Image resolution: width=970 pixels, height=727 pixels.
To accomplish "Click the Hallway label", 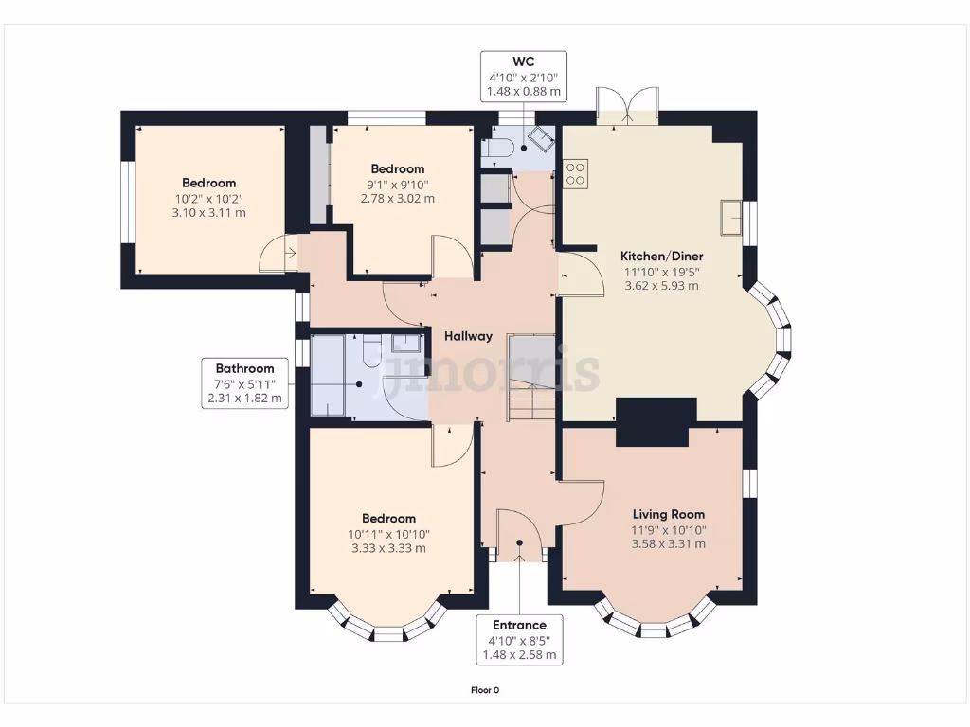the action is click(468, 336).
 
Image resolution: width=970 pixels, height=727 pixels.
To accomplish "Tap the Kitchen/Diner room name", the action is click(661, 256).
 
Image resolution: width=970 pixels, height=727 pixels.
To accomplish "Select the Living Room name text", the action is click(668, 514).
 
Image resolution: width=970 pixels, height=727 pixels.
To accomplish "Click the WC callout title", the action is click(523, 62).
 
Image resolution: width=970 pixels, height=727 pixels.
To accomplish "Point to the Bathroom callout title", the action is click(244, 368).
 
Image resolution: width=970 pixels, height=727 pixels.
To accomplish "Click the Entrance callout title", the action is click(519, 625).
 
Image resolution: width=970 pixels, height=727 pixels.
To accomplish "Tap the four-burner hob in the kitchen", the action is click(575, 174).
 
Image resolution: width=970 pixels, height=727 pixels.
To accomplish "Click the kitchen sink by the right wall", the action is click(731, 218).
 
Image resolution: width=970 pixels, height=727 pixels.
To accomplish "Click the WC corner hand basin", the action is click(540, 139).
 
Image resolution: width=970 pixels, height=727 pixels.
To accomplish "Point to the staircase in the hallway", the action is click(531, 378).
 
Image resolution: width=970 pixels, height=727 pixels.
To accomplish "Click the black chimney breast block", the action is click(654, 421).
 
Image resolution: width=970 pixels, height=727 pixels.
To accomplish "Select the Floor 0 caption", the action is click(484, 690).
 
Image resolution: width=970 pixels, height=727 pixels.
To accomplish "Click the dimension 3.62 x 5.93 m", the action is click(661, 286).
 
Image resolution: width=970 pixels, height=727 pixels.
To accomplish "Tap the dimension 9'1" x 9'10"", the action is click(398, 185).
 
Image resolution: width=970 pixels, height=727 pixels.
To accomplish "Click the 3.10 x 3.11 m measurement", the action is click(208, 213).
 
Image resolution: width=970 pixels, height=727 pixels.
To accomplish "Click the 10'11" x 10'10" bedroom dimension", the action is click(388, 534).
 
